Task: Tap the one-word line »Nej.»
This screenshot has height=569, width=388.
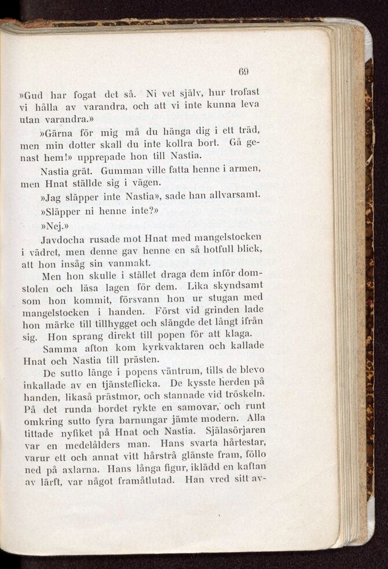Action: tap(54, 224)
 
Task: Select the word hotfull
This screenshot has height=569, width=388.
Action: tap(223, 251)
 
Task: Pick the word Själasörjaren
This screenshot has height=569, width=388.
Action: tap(236, 432)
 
